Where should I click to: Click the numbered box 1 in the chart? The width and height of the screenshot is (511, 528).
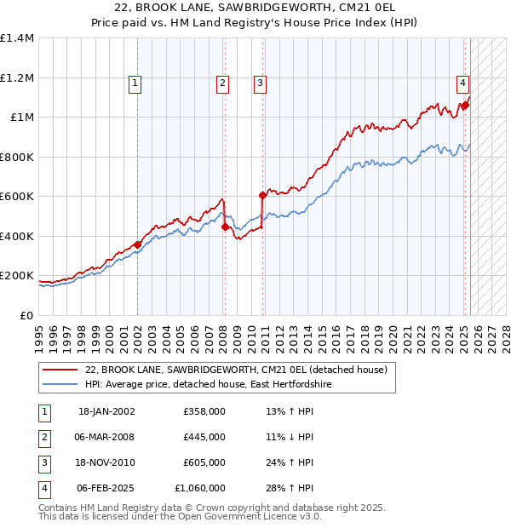pos(136,83)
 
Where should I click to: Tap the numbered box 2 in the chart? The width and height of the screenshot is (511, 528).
pos(221,83)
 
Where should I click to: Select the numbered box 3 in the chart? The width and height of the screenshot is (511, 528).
pos(259,83)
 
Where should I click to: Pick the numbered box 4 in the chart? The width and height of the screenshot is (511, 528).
pos(462,83)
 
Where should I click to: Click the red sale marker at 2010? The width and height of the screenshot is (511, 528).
pos(262,196)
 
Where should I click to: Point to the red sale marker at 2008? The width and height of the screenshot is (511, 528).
pos(225,227)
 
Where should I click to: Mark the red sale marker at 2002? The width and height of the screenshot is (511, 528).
pos(137,244)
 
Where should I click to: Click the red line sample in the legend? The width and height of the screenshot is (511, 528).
pos(59,370)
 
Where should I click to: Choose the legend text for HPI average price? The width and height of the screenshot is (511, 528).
pos(209,385)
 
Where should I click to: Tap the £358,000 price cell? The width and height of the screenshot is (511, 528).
pos(204,411)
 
